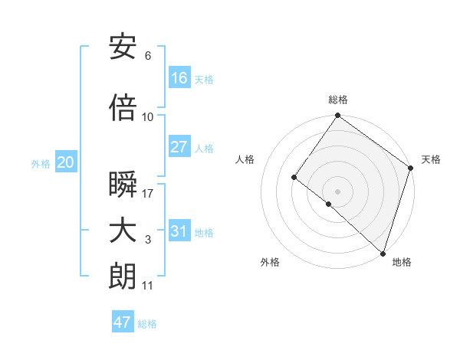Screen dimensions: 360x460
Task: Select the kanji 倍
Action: tap(123, 108)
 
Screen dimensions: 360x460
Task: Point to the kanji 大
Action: tap(123, 231)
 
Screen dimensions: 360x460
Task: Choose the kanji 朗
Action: tap(123, 277)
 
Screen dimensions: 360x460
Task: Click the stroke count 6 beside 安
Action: tap(148, 56)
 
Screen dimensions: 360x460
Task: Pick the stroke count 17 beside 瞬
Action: tap(148, 194)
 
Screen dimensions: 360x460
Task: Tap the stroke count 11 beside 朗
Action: tap(147, 286)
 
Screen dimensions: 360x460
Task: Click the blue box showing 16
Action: tap(179, 77)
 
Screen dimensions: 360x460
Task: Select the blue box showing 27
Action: tap(179, 147)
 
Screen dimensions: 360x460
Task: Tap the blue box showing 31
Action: tap(179, 231)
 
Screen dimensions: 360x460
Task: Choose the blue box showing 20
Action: tap(66, 162)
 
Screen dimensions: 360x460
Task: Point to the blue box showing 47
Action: tap(123, 322)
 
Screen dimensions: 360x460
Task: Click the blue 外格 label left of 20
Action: tap(41, 163)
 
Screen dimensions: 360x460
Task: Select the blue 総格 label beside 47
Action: tap(147, 324)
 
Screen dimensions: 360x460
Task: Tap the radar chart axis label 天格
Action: tap(431, 159)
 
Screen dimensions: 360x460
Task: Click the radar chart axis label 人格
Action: tap(245, 159)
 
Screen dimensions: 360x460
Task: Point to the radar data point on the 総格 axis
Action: tap(337, 116)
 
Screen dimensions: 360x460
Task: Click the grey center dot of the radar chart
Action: tap(337, 191)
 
